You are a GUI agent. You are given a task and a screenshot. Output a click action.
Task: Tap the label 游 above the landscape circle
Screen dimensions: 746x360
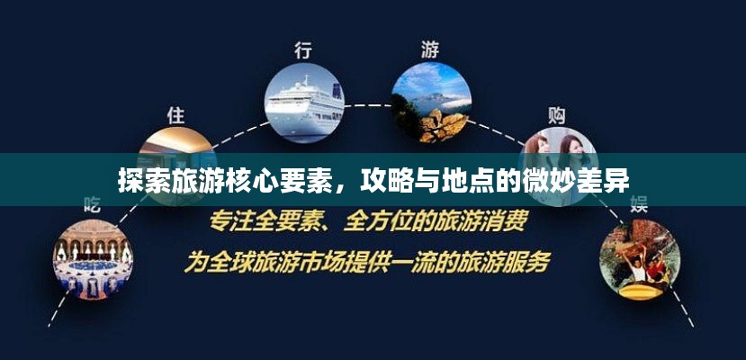(x=430, y=49)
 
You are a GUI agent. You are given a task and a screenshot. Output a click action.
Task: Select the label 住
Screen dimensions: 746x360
(x=176, y=115)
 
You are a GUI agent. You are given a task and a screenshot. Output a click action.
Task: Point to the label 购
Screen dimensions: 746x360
(x=556, y=115)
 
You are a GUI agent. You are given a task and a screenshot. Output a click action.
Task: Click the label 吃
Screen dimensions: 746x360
(x=92, y=204)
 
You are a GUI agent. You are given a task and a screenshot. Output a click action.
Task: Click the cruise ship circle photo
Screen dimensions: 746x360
(x=304, y=103)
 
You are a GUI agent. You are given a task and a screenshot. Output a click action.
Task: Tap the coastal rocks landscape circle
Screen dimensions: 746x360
(x=431, y=103)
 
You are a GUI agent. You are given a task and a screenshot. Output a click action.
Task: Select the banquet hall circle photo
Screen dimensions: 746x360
(x=93, y=260)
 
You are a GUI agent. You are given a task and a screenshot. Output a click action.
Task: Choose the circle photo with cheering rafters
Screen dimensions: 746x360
(x=640, y=260)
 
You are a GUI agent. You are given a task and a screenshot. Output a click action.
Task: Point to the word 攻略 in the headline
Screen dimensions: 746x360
(x=380, y=180)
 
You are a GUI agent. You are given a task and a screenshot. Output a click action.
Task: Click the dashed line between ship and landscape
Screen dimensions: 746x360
(x=368, y=105)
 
